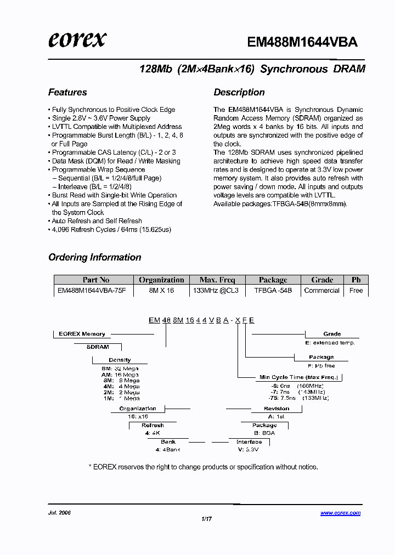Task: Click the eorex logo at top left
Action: (x=77, y=39)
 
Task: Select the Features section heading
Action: (x=67, y=92)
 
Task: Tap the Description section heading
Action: (x=239, y=92)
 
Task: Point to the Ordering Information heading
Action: (x=94, y=257)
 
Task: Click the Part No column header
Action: (x=96, y=280)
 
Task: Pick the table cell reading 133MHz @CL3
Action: (x=216, y=291)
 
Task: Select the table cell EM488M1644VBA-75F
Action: (x=92, y=291)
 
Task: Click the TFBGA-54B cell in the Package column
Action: (x=273, y=291)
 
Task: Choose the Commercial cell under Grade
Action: (x=321, y=291)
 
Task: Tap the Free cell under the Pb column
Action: (x=356, y=291)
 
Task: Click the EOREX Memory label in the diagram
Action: (x=82, y=333)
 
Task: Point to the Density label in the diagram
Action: (x=120, y=360)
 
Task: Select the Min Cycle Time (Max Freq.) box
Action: (x=298, y=377)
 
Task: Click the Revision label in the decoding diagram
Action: (x=276, y=409)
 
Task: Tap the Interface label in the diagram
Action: (x=249, y=442)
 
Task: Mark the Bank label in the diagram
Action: (x=168, y=442)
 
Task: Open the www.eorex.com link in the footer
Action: (x=340, y=513)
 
